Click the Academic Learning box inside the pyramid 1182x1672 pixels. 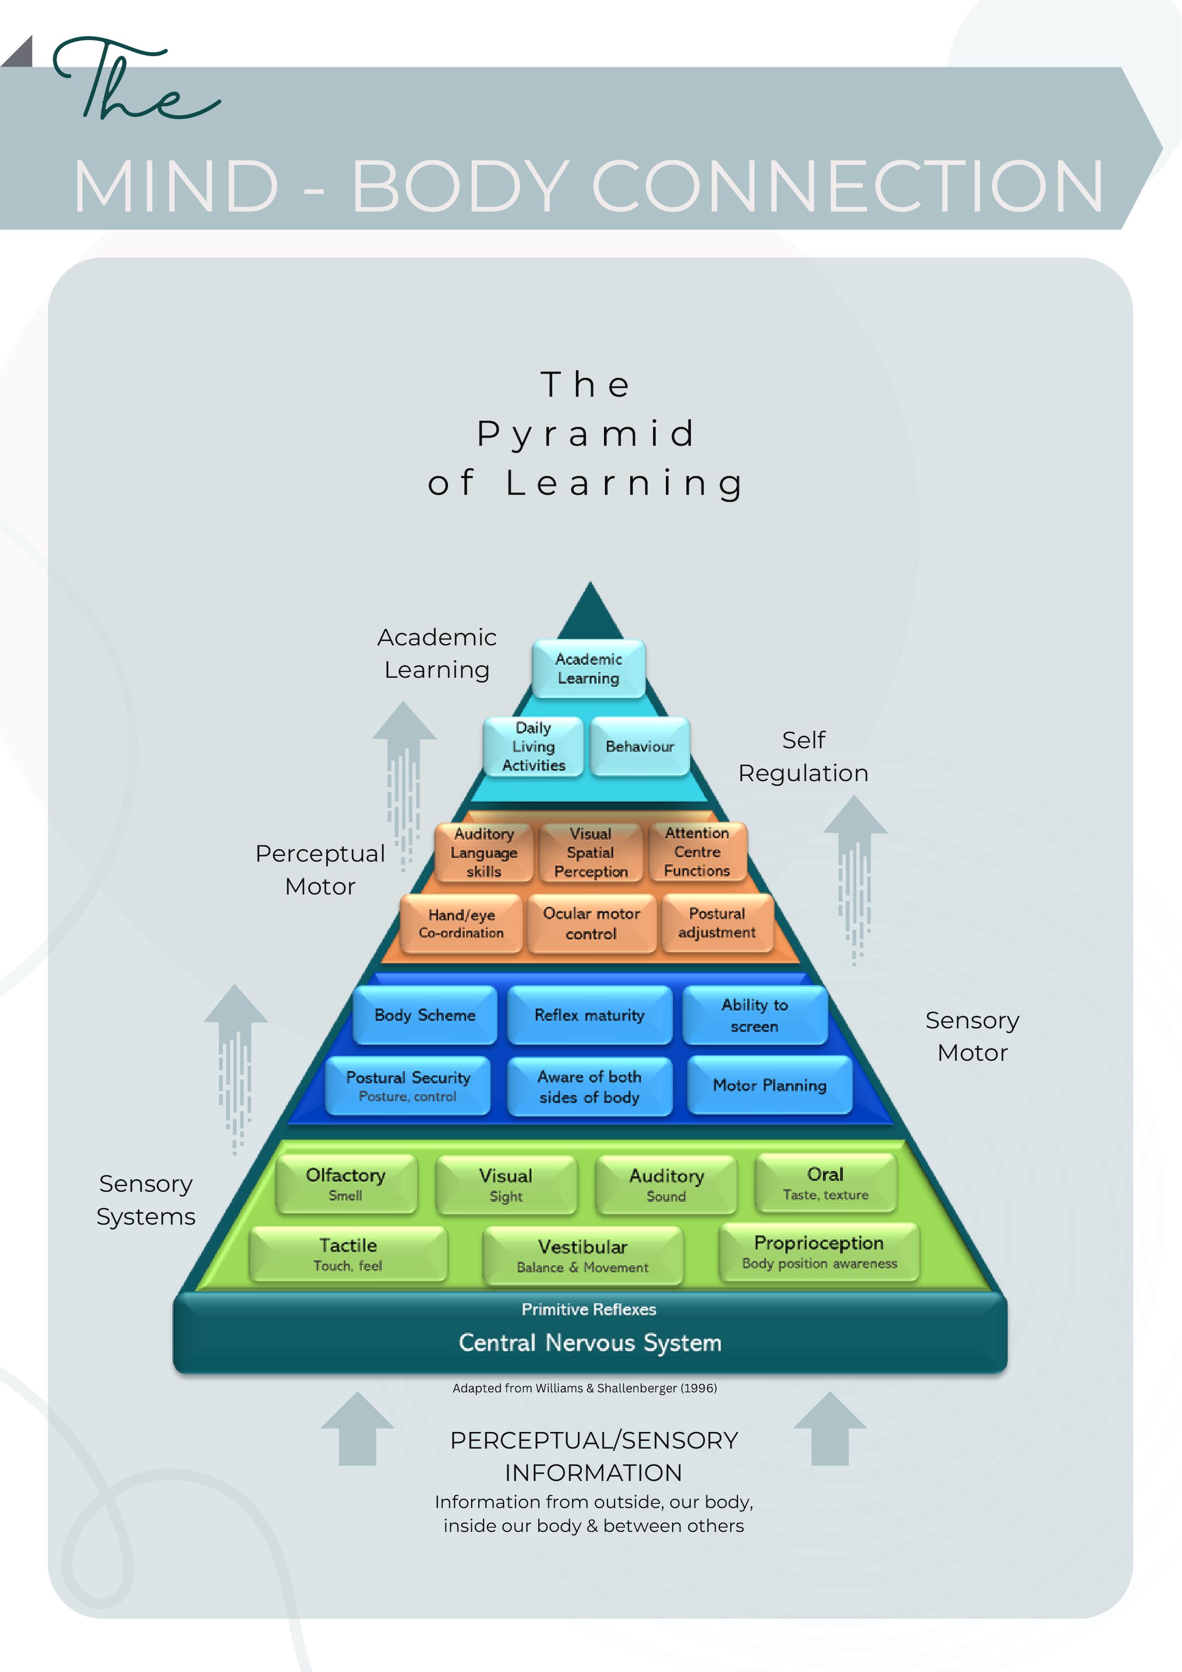click(x=588, y=669)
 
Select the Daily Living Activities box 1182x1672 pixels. click(x=534, y=747)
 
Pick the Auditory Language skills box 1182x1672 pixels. click(x=485, y=852)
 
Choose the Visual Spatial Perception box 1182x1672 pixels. click(x=591, y=852)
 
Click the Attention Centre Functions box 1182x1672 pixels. click(x=697, y=851)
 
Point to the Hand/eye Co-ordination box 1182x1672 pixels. click(x=461, y=923)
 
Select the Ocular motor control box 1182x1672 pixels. click(x=591, y=923)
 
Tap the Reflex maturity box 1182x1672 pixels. click(x=589, y=1015)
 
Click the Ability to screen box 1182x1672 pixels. click(x=755, y=1015)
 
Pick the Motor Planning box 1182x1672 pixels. click(x=770, y=1085)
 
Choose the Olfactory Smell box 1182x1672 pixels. click(x=346, y=1184)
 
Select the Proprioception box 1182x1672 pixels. click(x=819, y=1252)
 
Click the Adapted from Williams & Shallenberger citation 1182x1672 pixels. click(x=585, y=1388)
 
